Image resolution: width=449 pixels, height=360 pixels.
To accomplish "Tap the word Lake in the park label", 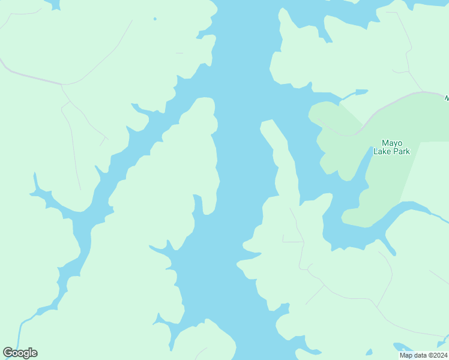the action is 382,152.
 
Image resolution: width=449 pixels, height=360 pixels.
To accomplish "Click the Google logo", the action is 20,353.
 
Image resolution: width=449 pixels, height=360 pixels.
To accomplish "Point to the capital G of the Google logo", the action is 7,353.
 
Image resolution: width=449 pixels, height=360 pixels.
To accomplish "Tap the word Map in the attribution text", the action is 406,355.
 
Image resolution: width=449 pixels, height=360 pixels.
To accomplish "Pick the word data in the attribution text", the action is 421,355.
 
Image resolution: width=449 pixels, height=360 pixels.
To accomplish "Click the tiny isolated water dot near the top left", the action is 155,19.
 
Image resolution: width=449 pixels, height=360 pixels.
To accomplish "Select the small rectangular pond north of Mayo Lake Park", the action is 361,92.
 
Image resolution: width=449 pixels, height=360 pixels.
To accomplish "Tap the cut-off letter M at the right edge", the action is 446,98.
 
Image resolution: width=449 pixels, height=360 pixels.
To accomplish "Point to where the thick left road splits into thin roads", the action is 62,85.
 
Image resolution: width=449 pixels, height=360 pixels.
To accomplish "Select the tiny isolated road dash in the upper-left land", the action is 179,53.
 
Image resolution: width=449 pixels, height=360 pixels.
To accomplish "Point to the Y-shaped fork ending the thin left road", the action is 104,140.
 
